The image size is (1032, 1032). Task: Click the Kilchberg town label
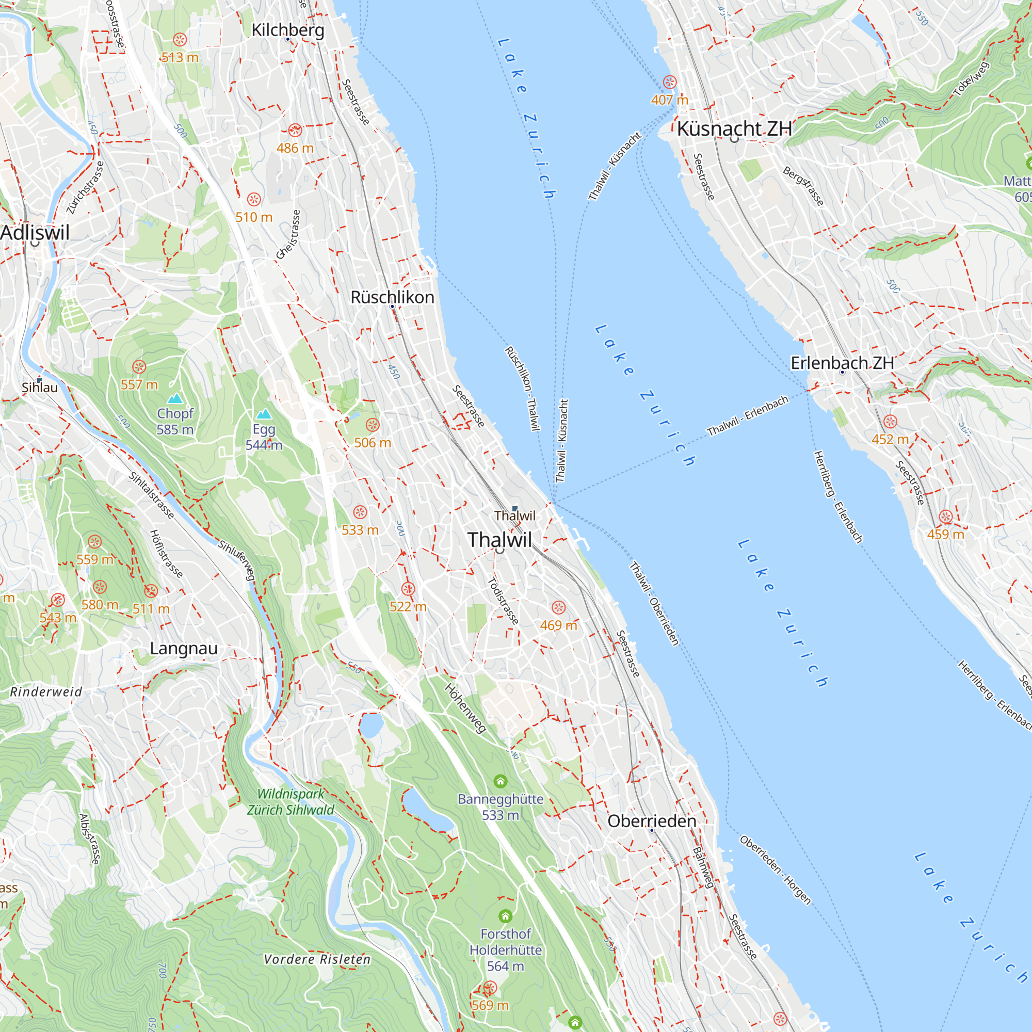288,30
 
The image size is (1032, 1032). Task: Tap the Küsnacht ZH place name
734,128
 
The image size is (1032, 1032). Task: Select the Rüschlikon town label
392,297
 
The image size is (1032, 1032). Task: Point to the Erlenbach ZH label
842,363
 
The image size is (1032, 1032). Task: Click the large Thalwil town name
499,540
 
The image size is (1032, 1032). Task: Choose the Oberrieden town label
652,821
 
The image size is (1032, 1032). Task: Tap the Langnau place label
184,649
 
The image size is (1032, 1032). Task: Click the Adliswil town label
35,232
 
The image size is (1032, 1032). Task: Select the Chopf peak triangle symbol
175,398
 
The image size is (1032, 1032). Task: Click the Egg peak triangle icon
264,414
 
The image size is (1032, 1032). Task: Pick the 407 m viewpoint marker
669,82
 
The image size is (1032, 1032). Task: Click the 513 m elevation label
180,57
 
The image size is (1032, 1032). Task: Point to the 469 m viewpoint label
558,625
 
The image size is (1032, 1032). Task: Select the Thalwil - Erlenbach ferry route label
747,416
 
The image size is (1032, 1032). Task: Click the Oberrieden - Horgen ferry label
775,870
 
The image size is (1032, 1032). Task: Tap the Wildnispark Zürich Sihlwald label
291,802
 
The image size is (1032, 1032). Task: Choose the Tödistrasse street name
503,601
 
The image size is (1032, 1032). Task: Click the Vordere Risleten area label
317,959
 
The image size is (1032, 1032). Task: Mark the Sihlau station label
40,388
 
